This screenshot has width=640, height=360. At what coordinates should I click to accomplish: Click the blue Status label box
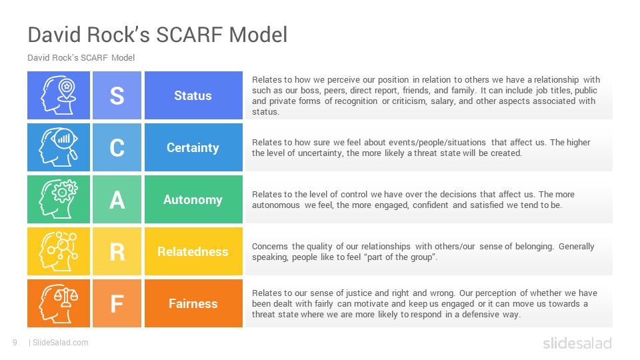coord(193,95)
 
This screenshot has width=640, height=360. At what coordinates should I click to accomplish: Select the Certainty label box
coord(193,147)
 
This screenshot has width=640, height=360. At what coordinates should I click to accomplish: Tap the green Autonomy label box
coord(193,199)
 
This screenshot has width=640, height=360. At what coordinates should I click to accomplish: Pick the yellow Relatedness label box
coord(193,251)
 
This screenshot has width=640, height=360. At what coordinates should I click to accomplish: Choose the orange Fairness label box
coord(193,303)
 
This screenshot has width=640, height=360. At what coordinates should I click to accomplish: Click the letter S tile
coord(117,95)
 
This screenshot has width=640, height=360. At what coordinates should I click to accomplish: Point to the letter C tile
coord(117,147)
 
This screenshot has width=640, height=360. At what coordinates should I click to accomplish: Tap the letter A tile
coord(117,199)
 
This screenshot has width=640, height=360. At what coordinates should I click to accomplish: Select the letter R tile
coord(117,251)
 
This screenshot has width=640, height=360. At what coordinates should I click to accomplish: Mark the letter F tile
coord(117,303)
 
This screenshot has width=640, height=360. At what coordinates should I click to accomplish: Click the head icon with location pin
coord(59,95)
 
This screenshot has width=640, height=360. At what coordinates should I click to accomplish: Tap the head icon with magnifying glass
coord(59,147)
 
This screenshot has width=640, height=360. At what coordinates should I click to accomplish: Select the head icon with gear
coord(59,199)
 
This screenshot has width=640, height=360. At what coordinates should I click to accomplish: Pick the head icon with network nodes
coord(59,251)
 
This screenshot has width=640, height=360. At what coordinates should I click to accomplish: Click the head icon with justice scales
coord(59,303)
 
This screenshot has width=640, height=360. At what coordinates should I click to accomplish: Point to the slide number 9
coord(15,343)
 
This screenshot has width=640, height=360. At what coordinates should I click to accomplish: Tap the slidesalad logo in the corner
coord(577,343)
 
